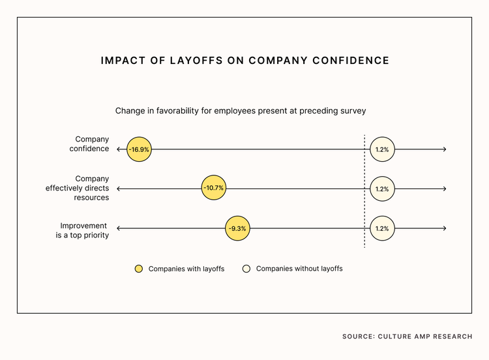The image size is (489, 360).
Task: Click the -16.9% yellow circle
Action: (x=138, y=149)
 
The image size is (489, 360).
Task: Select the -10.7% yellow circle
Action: (x=213, y=188)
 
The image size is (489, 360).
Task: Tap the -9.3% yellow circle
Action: (x=237, y=228)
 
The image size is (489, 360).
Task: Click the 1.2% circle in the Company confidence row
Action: (x=382, y=149)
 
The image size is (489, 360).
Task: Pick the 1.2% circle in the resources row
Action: (x=382, y=188)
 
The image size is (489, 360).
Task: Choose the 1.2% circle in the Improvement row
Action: (x=382, y=228)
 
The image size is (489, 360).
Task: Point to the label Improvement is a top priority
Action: (x=82, y=230)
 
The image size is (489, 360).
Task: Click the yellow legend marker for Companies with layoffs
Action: (x=138, y=269)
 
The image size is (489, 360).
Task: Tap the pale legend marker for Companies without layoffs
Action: (x=246, y=269)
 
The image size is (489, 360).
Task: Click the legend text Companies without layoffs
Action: (x=299, y=269)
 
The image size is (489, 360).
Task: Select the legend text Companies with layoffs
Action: (x=186, y=269)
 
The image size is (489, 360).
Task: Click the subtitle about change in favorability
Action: (x=241, y=111)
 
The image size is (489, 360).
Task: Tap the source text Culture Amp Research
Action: (x=407, y=337)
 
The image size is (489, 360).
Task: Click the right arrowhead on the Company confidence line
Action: (x=444, y=149)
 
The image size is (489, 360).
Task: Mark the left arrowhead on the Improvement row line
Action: (x=119, y=228)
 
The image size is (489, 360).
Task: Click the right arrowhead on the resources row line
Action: (x=444, y=188)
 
